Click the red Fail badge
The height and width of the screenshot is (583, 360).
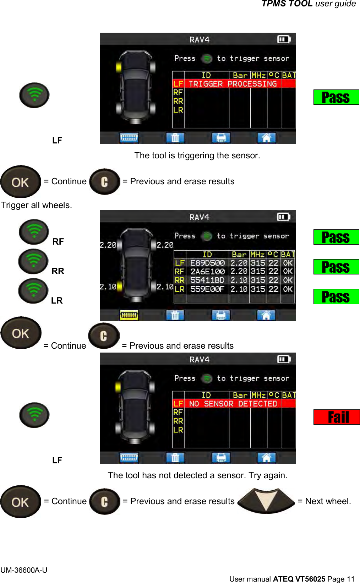click(337, 417)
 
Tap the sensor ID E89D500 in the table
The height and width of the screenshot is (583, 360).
click(207, 263)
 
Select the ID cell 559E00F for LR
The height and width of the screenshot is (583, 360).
click(207, 289)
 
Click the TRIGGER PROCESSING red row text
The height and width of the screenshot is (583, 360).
click(233, 84)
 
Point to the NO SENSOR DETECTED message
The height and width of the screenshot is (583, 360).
click(233, 404)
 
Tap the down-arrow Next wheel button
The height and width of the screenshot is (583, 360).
click(266, 501)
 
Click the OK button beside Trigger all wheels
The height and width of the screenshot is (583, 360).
click(21, 182)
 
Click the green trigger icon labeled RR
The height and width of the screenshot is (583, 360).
click(33, 261)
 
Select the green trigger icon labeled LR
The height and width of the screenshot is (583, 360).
click(33, 291)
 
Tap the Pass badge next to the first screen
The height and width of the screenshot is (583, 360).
click(336, 97)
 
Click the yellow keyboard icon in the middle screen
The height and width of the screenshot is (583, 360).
click(129, 315)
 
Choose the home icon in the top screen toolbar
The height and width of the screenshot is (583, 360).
click(266, 137)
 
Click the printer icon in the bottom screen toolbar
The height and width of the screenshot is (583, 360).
click(221, 457)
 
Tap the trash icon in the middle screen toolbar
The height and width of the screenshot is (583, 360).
click(175, 315)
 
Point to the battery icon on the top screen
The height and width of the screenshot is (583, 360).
click(284, 39)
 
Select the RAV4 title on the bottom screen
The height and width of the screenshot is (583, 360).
click(199, 359)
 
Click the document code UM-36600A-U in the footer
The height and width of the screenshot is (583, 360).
click(24, 570)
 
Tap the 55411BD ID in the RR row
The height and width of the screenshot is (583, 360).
click(207, 280)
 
